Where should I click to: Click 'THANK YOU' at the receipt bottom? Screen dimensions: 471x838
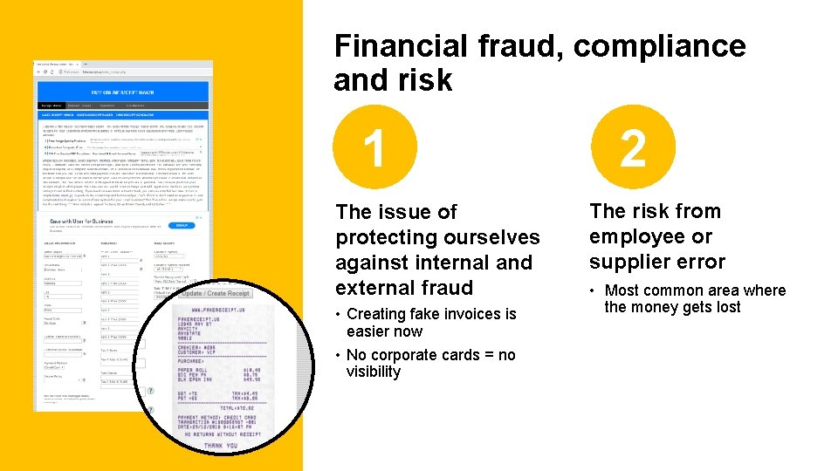[x=220, y=446]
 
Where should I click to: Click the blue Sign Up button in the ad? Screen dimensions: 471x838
[x=182, y=224]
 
